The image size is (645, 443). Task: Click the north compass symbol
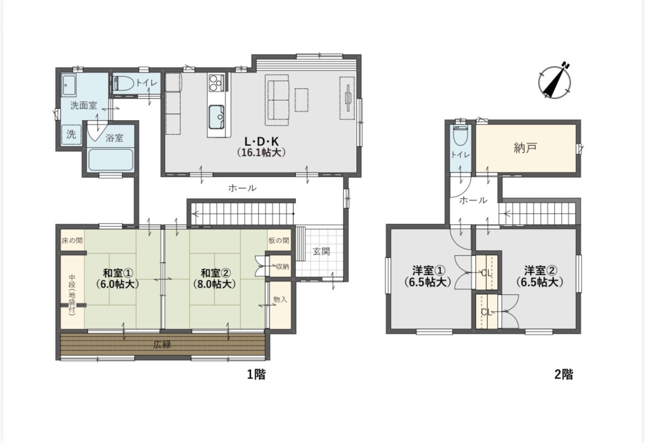555,80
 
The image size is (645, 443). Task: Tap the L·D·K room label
262,142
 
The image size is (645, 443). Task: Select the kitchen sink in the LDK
216,116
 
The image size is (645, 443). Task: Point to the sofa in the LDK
277,100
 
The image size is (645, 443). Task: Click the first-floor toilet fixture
123,83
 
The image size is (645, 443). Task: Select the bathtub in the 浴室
111,160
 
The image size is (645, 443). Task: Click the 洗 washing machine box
71,134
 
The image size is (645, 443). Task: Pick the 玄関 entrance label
321,251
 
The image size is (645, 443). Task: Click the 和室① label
117,273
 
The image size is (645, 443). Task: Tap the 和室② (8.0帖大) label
215,278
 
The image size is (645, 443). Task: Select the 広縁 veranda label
162,345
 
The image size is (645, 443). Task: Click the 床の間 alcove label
72,241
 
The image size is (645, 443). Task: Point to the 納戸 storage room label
525,148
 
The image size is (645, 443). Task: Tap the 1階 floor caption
256,374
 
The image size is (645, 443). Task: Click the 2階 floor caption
563,374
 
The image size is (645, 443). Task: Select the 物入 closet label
280,300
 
